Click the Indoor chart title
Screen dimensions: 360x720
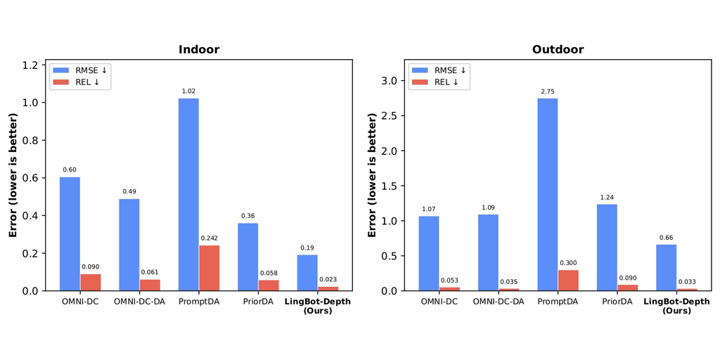[198, 50]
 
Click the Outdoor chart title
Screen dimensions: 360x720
[558, 50]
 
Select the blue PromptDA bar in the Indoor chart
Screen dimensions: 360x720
[188, 194]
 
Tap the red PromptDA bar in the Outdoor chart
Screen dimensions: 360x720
[568, 280]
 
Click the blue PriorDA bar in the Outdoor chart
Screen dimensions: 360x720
[607, 247]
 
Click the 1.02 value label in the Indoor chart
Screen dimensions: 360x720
[188, 91]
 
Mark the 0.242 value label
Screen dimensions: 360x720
[210, 238]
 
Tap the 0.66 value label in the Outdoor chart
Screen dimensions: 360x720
[667, 237]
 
